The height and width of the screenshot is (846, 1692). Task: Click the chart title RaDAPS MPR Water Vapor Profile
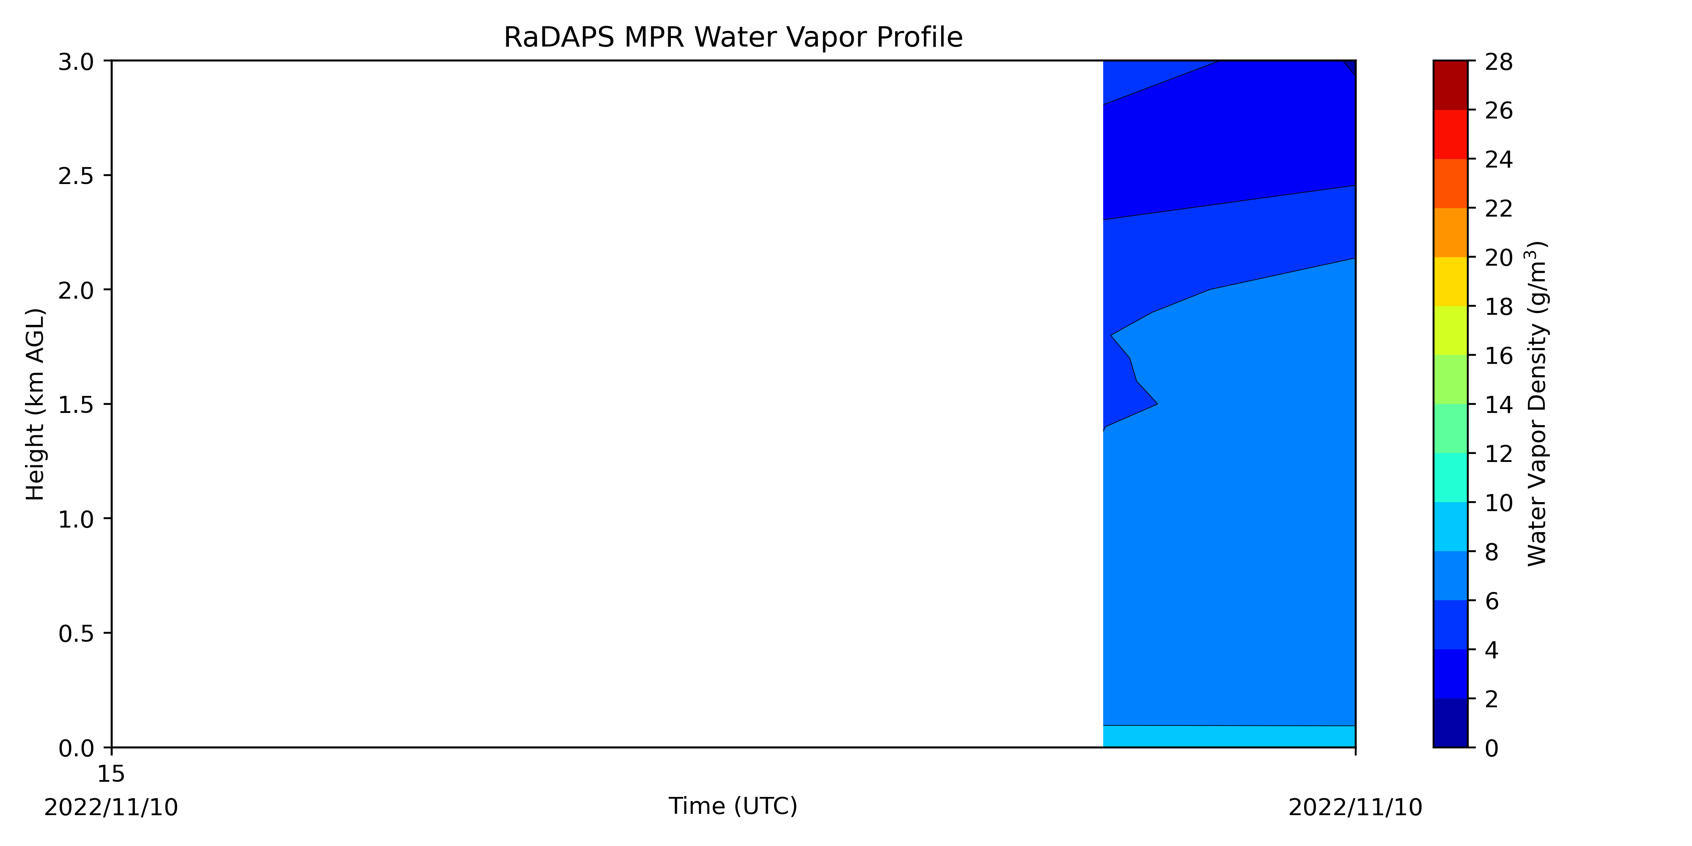[x=733, y=38]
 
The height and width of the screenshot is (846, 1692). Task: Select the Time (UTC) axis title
[x=733, y=806]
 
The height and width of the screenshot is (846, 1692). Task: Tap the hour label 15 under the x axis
[x=111, y=775]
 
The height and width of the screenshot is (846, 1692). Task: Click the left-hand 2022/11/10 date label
[x=111, y=807]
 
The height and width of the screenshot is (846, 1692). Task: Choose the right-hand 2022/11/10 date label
[x=1355, y=807]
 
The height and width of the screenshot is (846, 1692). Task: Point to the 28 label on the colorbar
[x=1499, y=63]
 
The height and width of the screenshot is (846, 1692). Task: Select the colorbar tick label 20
[x=1499, y=258]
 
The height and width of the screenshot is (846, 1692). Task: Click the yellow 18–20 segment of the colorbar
[x=1450, y=282]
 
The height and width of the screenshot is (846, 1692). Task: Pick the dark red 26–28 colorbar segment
[x=1450, y=85]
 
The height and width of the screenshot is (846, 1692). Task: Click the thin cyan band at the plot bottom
[x=1229, y=736]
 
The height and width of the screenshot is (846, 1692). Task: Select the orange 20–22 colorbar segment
[x=1450, y=233]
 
